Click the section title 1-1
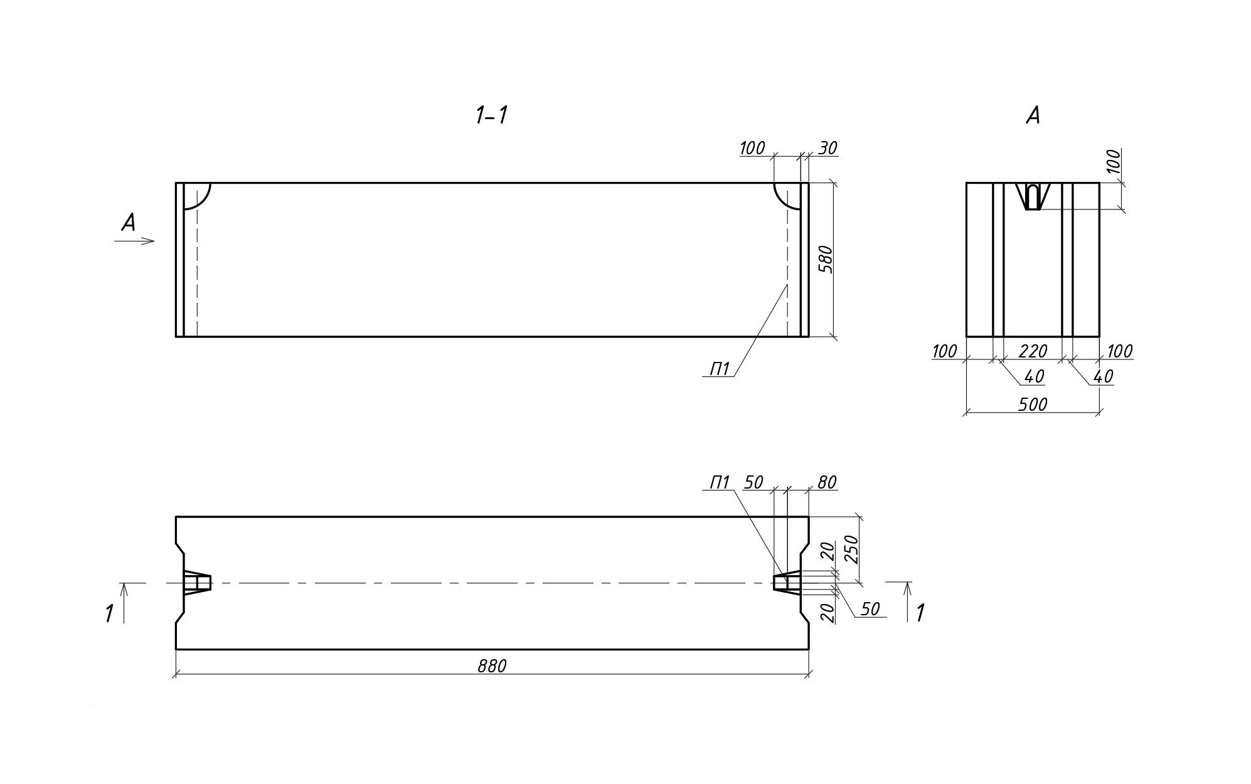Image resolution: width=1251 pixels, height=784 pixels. point(491,115)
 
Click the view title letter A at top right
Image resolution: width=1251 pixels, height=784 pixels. point(1033,115)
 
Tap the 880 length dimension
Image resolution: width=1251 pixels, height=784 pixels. point(491,666)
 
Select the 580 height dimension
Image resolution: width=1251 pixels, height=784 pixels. point(827,259)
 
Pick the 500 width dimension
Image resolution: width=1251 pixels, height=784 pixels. point(1033,405)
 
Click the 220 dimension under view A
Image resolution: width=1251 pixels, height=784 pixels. point(1033,351)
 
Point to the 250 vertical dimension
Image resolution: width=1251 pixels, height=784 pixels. point(852,549)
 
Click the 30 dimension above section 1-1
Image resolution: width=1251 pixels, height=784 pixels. point(828,148)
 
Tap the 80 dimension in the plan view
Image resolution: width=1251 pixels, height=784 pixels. point(827,482)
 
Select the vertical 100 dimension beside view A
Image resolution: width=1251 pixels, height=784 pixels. point(1113,161)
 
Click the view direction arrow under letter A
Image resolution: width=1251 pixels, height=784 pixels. point(135,241)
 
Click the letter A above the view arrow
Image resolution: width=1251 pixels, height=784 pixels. point(129,223)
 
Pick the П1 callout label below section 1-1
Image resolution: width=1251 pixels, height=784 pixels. point(720,369)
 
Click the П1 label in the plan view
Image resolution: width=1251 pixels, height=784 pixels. point(720,482)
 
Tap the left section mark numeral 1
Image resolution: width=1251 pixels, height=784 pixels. point(110,613)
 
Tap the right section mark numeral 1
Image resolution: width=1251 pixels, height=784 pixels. point(920,613)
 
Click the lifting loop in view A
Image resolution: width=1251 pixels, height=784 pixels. point(1033,196)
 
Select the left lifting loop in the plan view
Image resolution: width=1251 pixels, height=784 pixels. point(197,582)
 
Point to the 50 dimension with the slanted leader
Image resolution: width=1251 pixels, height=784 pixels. point(870,609)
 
